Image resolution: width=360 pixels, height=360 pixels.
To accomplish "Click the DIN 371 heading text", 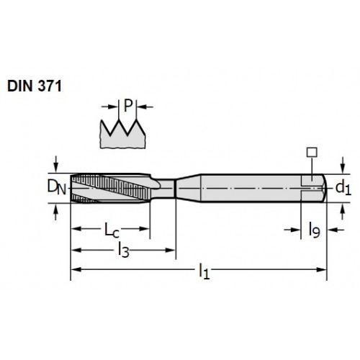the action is [35, 86].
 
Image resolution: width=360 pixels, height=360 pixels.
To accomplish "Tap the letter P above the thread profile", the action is [128, 106].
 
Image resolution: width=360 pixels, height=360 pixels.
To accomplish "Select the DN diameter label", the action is [56, 187].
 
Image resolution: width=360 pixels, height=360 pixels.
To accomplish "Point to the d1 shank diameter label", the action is [343, 188].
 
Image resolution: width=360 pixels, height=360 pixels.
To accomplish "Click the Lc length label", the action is [112, 230].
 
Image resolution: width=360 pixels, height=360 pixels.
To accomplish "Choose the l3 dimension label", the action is [124, 251].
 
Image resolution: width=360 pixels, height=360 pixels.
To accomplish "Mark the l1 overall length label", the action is [204, 271].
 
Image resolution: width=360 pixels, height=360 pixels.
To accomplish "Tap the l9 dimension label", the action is [314, 230].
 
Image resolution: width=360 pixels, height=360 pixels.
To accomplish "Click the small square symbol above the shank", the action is [312, 153].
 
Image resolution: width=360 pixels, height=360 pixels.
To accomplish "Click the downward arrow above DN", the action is [56, 164].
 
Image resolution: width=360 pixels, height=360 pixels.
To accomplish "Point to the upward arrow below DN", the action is [56, 212].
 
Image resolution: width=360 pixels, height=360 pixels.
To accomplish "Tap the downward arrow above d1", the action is [343, 165].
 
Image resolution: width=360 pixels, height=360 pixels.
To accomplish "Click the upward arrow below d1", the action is [343, 211].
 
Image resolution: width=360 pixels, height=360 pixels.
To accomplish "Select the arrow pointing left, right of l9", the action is [336, 230].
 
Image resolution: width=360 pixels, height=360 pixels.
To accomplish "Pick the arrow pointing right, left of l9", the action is [292, 230].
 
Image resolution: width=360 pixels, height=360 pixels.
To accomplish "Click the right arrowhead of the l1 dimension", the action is [322, 269].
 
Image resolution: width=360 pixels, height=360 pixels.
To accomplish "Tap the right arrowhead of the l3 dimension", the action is [170, 251].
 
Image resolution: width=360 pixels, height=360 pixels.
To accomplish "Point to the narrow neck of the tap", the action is [164, 189].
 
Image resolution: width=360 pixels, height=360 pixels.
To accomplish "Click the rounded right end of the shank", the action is [324, 188].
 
